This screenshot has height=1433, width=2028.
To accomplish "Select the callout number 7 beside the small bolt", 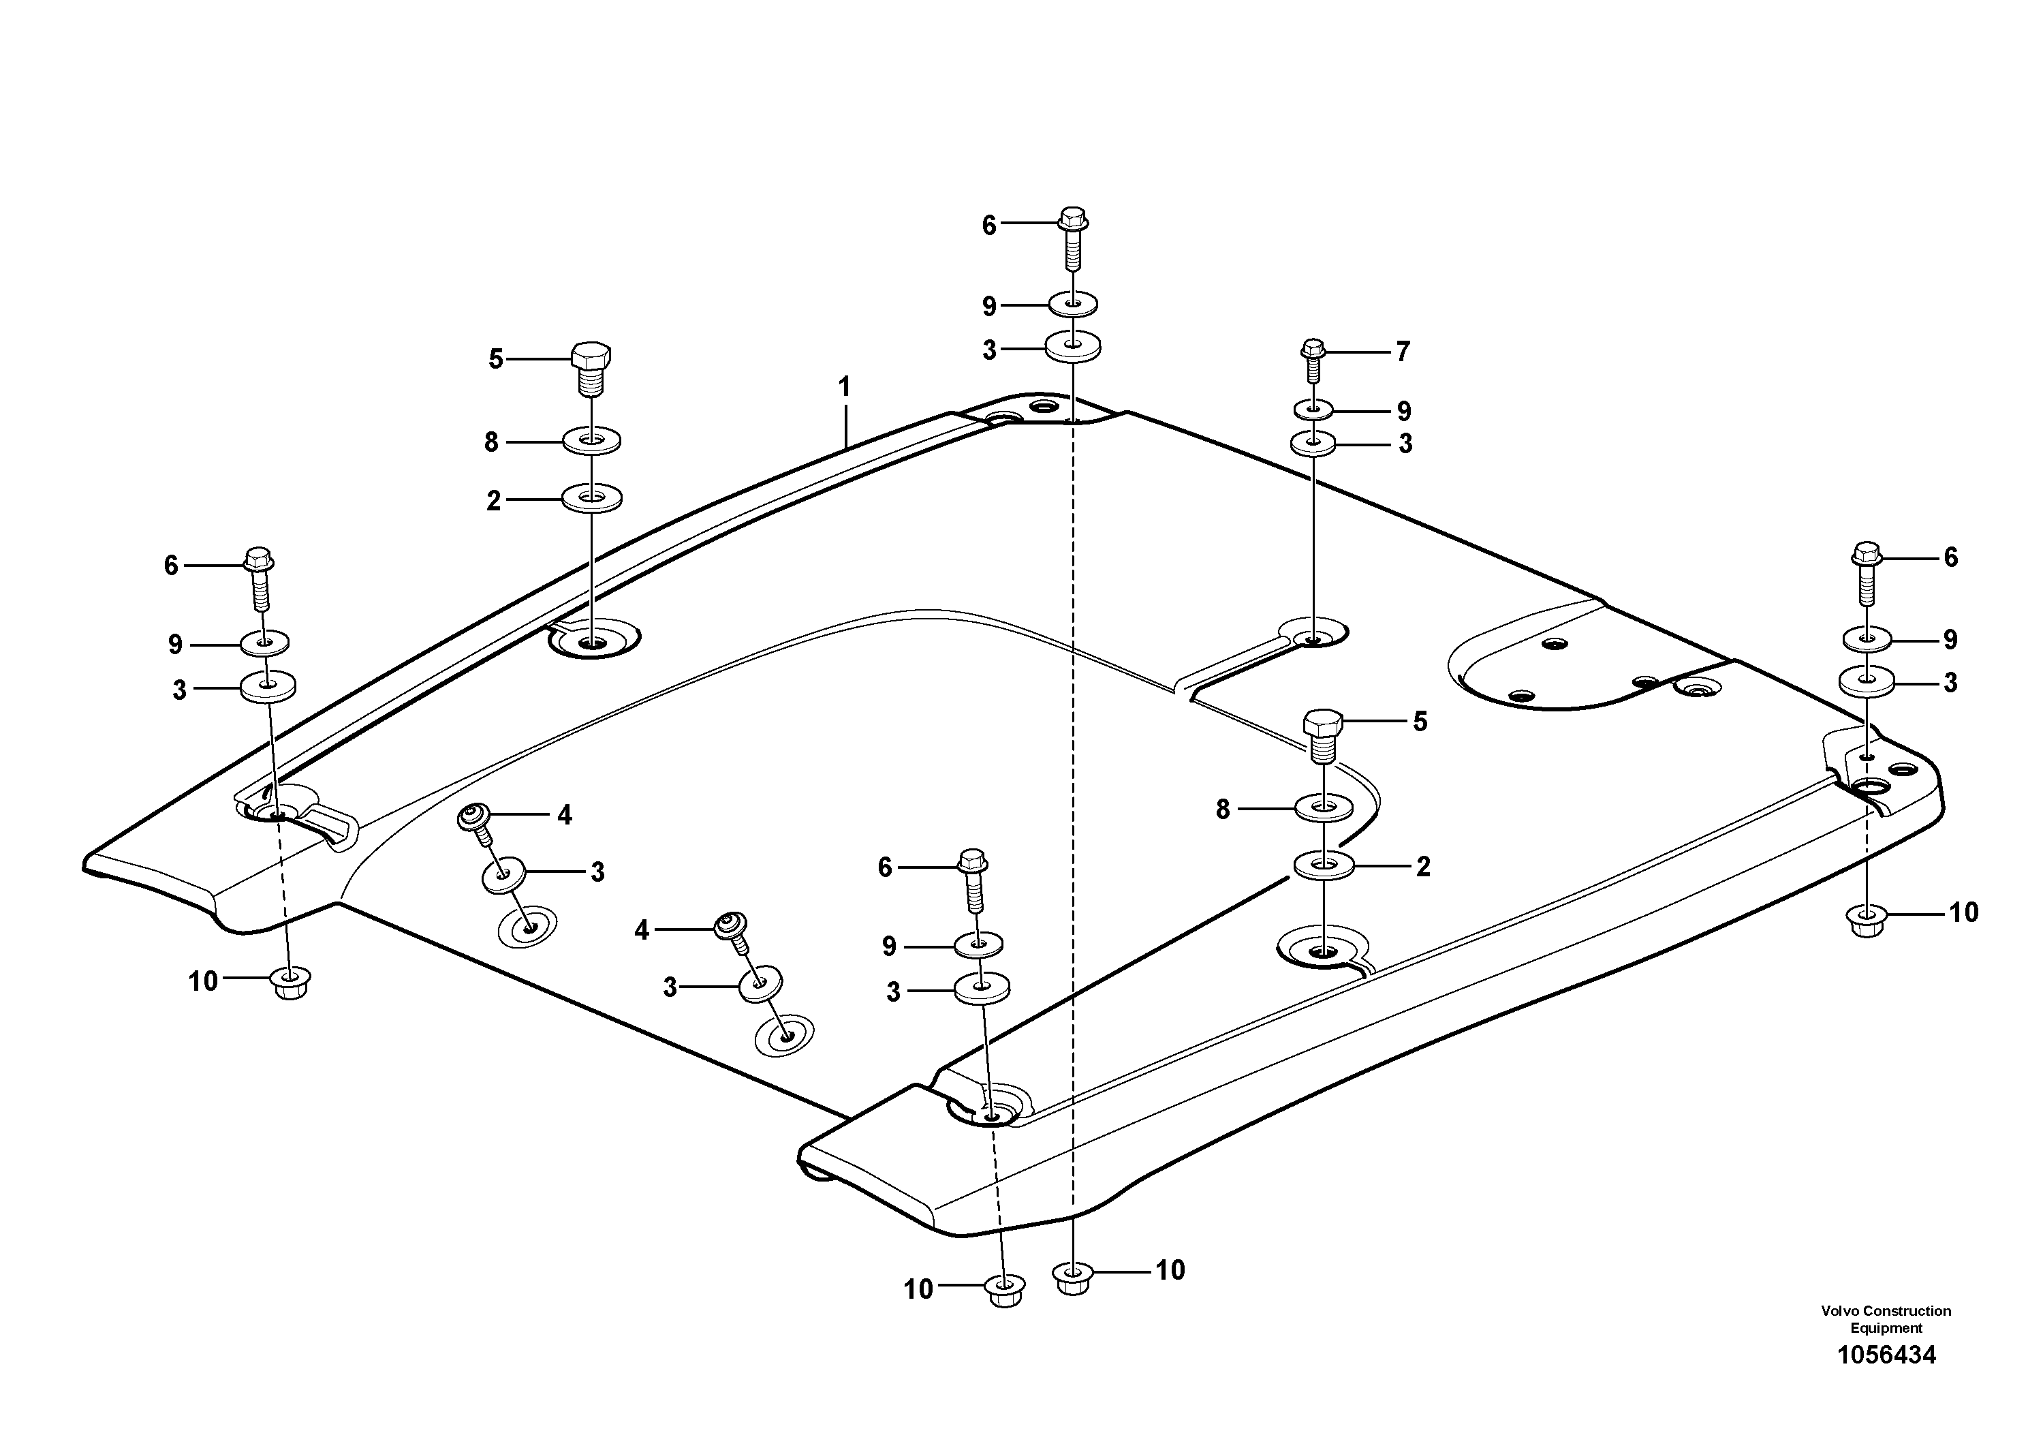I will point(1403,352).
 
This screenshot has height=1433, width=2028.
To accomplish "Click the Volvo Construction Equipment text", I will point(1886,1319).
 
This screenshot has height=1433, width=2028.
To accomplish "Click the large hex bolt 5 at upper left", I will point(591,367).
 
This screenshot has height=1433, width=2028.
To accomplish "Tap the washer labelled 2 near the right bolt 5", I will point(1323,866).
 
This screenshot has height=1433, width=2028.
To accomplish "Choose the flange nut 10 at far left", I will point(291,983).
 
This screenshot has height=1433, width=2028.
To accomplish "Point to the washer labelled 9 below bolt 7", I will point(1313,410).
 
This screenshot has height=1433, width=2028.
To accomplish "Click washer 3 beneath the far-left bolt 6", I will point(268,685).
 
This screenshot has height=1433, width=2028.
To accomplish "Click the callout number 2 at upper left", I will point(494,501).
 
